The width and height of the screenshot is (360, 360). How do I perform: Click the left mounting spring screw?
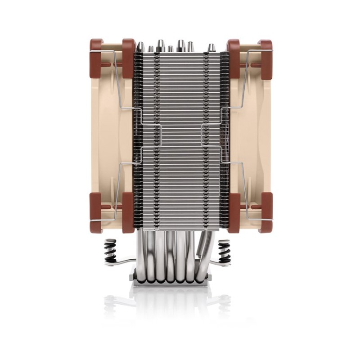(x=111, y=250)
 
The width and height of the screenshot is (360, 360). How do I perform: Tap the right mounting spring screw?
(x=224, y=250)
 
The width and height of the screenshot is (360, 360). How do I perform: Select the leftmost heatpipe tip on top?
(x=140, y=46)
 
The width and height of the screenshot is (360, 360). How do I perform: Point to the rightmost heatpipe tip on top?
(x=211, y=47)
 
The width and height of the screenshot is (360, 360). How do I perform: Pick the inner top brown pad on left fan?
(x=129, y=58)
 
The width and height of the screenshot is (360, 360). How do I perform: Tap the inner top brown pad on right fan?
(x=234, y=58)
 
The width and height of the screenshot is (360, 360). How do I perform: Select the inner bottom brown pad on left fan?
(x=128, y=212)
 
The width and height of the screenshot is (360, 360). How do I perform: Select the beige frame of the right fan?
(x=254, y=135)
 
